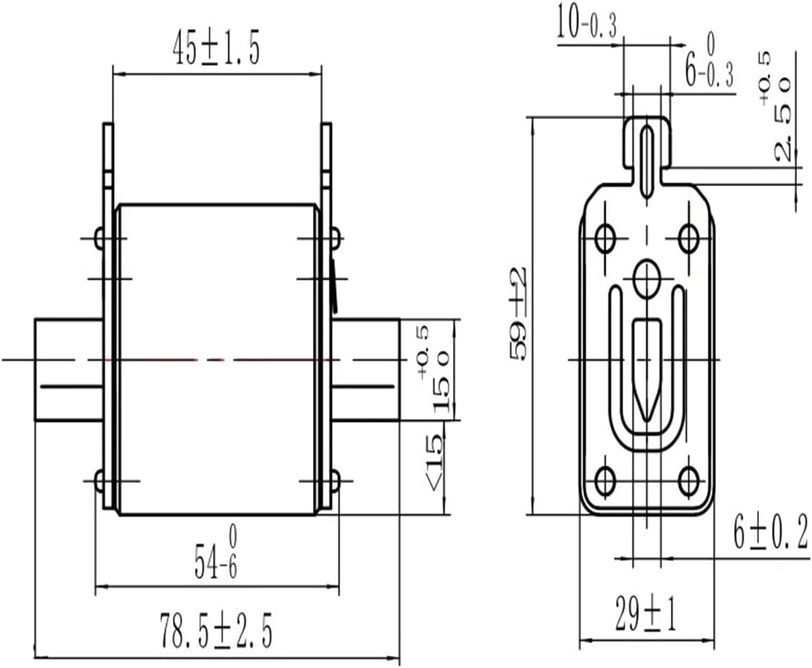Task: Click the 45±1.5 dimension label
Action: [x=216, y=51]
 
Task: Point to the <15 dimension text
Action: [x=435, y=463]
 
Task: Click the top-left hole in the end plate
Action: [x=606, y=237]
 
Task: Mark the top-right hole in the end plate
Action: [x=689, y=237]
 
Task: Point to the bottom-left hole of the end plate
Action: [x=606, y=480]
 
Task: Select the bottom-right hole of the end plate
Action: [x=689, y=480]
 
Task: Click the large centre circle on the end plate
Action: [x=647, y=278]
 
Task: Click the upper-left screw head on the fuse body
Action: [x=100, y=238]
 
